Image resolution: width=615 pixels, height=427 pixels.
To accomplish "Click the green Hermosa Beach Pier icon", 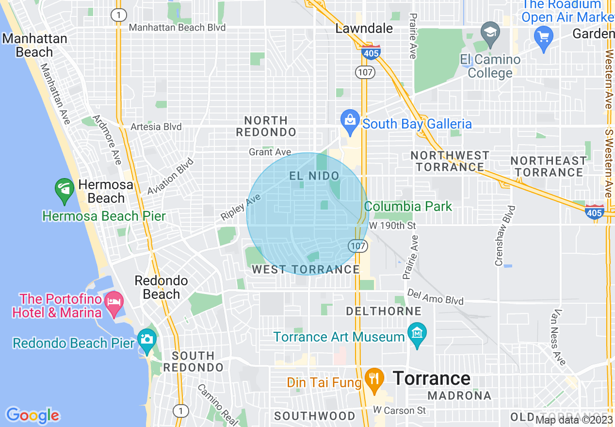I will click(65, 191).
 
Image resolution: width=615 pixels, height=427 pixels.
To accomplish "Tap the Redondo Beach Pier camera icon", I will click(146, 339).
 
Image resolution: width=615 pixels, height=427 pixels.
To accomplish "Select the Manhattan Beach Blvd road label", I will click(177, 28).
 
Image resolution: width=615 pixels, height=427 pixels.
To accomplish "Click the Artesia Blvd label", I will click(156, 127).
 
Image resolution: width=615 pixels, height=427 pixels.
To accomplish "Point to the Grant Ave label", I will click(270, 152).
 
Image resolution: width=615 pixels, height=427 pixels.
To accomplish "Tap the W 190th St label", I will click(392, 226).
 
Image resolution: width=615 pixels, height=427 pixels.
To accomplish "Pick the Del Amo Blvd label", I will click(436, 296).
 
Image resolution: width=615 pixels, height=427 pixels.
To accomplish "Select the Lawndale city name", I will click(364, 28).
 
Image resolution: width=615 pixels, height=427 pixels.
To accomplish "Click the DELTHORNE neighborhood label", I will click(384, 311).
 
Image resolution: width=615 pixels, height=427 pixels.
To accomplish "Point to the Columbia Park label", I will click(408, 206).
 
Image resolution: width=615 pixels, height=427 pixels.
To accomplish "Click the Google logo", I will click(32, 415).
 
